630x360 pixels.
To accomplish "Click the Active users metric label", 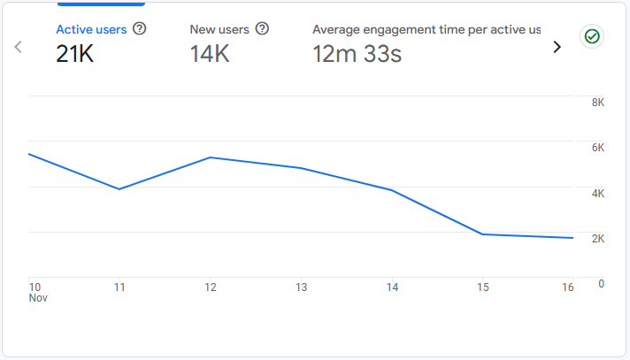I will (91, 29).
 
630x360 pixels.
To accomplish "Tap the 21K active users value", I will (75, 54).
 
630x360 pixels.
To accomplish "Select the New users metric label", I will (219, 29).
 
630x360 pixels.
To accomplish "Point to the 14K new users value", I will (210, 54).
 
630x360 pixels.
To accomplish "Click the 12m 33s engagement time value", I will (357, 54).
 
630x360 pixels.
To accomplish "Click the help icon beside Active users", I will (139, 29).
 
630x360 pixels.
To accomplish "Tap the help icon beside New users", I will (262, 29).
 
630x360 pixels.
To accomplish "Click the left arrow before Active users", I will (19, 47).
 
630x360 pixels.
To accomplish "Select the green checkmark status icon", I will (591, 37).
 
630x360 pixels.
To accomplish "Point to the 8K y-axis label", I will (597, 103).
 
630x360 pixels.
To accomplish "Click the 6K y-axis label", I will (597, 148).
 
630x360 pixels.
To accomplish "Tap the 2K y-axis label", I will (597, 239).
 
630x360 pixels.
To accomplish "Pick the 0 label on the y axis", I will (601, 284).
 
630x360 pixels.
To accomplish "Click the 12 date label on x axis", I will (211, 287).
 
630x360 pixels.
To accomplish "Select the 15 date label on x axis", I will (482, 287).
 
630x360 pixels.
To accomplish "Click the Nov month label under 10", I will (37, 299).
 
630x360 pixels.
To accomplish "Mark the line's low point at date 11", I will (119, 188).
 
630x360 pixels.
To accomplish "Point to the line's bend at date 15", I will (482, 234).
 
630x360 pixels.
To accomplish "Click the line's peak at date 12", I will (211, 157).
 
